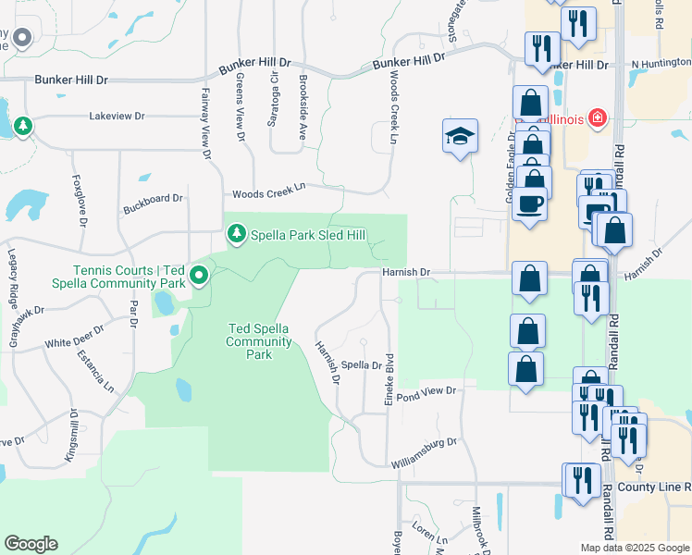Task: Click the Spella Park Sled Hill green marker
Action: point(237,233)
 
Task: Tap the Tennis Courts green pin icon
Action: point(198,276)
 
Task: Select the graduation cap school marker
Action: point(460,137)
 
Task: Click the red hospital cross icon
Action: point(597,118)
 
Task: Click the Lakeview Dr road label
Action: point(117,117)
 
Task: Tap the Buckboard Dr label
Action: point(153,198)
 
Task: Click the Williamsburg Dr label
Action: point(425,443)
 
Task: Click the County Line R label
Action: point(654,487)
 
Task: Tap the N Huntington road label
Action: point(661,65)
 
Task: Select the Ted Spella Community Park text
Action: point(260,341)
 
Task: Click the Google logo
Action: point(31,544)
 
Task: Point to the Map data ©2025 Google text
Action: point(635,548)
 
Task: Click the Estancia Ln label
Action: point(94,368)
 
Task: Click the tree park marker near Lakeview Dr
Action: point(22,126)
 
